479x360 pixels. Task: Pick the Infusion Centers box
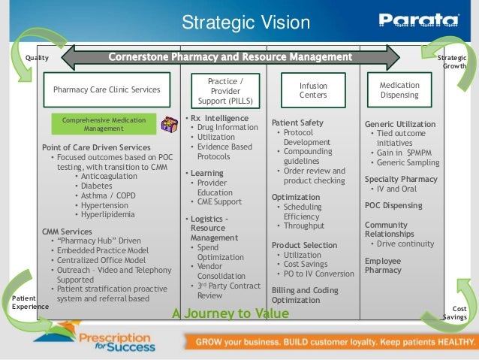[313, 91]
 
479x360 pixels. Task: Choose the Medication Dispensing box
[399, 90]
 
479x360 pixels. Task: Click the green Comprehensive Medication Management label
[104, 124]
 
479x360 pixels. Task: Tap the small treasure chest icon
[168, 123]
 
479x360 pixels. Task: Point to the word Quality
[37, 58]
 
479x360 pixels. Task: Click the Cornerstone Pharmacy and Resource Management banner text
[230, 57]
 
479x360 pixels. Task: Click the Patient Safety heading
[297, 123]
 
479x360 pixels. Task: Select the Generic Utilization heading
[399, 123]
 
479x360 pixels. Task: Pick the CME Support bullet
[219, 201]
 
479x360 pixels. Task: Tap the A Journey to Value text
[230, 313]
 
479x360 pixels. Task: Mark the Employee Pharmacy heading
[383, 265]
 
